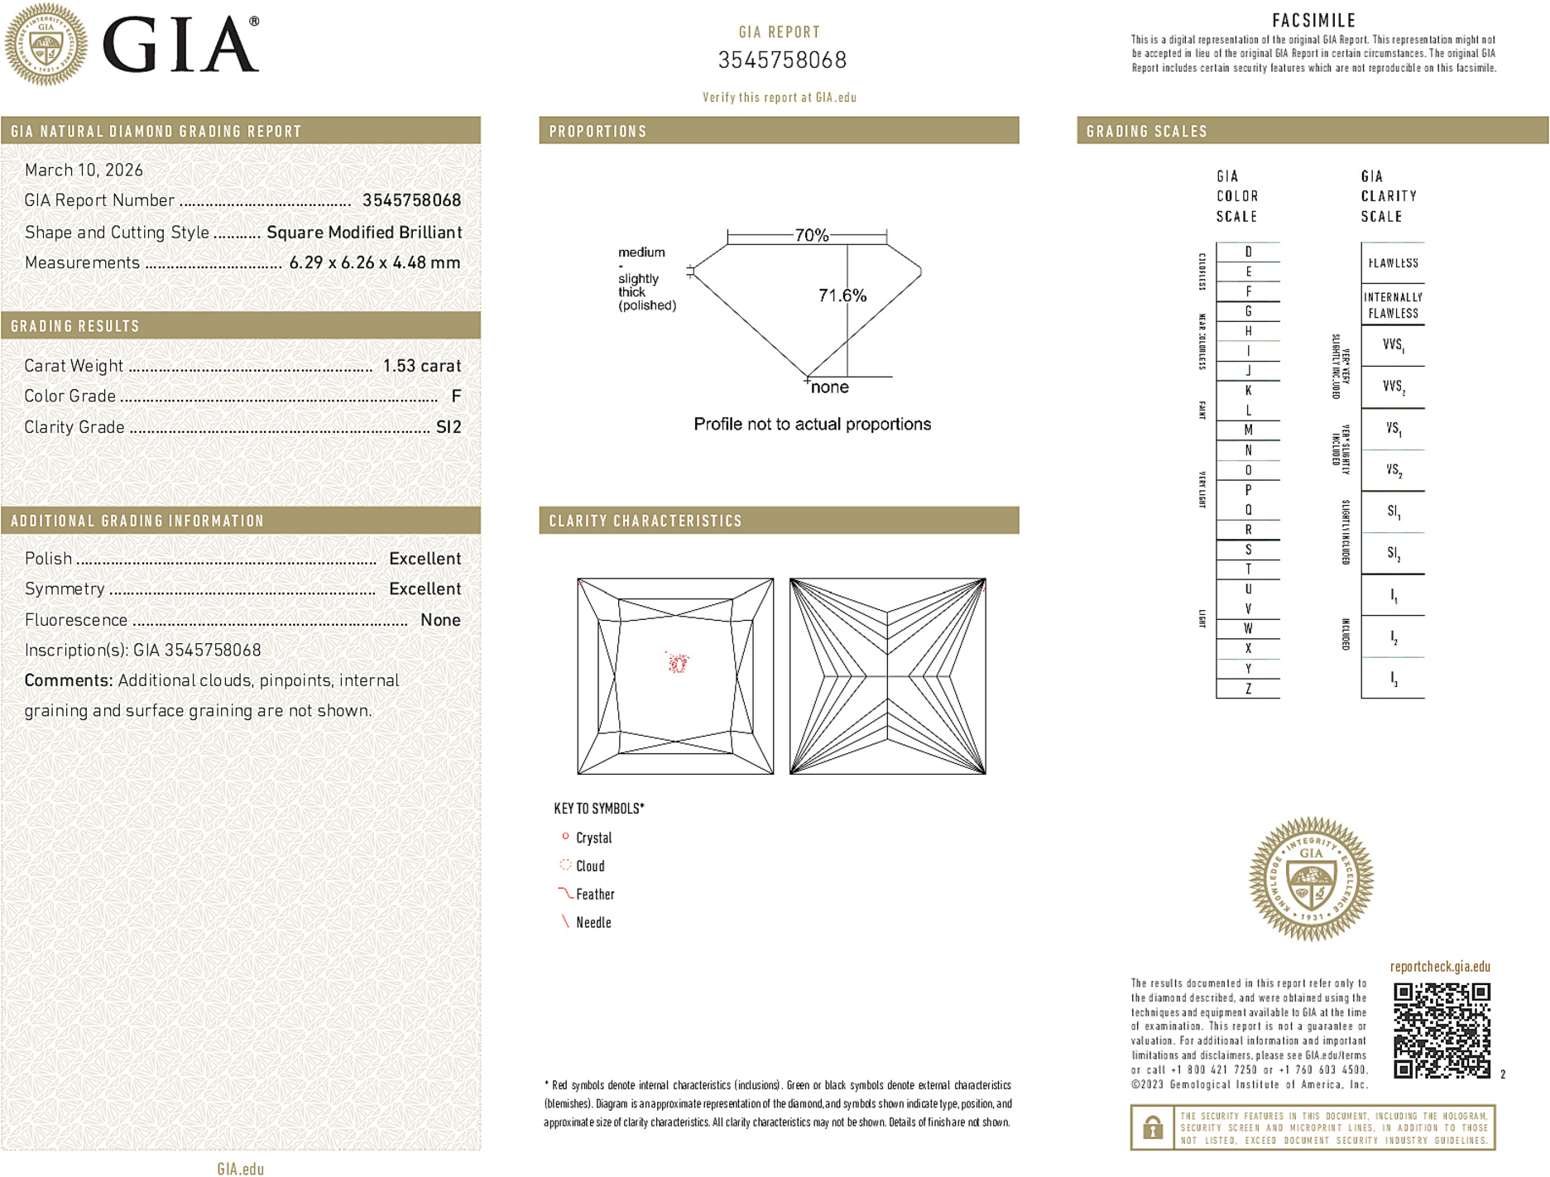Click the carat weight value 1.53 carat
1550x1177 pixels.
[x=421, y=366]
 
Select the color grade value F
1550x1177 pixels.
[x=456, y=396]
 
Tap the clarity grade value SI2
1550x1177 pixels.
[x=449, y=427]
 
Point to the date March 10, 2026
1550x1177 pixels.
[x=84, y=170]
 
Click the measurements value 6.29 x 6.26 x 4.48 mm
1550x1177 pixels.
[x=374, y=262]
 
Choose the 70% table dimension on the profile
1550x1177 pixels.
[x=811, y=235]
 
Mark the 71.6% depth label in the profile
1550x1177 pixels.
[x=842, y=295]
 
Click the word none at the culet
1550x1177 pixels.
[x=829, y=387]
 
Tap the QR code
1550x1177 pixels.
[x=1441, y=1030]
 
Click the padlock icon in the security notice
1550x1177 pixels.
[x=1152, y=1127]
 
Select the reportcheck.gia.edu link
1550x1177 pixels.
[x=1440, y=966]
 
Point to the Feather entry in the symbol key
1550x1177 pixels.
[x=595, y=894]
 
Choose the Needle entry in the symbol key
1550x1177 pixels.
[x=593, y=922]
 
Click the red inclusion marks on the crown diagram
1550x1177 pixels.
[x=677, y=661]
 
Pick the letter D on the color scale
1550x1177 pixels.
[x=1248, y=252]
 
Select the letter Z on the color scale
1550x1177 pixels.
[x=1248, y=689]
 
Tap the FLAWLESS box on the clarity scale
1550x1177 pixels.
[x=1393, y=263]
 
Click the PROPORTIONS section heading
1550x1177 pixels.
[x=597, y=132]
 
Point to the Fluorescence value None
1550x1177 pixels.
[x=440, y=620]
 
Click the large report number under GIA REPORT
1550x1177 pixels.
[x=782, y=60]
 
